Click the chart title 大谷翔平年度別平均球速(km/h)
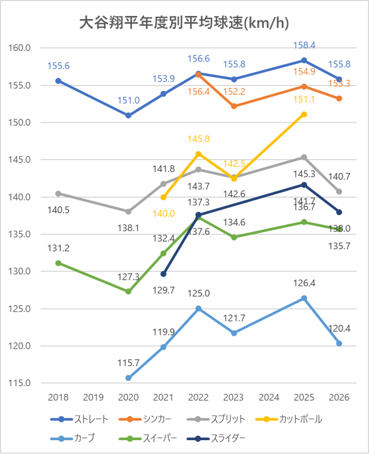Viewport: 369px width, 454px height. click(x=184, y=23)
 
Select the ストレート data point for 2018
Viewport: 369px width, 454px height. click(x=58, y=81)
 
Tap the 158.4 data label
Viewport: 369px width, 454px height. click(x=304, y=45)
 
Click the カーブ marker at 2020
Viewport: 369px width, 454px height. click(x=128, y=378)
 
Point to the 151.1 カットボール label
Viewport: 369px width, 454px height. click(x=304, y=100)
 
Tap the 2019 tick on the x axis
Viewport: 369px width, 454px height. click(x=93, y=398)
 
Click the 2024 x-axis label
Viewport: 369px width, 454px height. click(x=269, y=398)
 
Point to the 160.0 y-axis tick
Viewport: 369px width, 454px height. click(x=20, y=48)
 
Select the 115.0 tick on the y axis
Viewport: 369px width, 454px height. click(x=20, y=383)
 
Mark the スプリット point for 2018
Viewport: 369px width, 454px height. click(x=58, y=193)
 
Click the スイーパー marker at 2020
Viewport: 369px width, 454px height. click(x=128, y=291)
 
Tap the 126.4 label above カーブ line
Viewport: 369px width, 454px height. click(x=304, y=283)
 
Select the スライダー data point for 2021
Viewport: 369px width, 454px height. click(x=163, y=274)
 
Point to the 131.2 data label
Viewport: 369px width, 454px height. click(x=58, y=248)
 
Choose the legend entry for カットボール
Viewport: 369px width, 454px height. click(x=291, y=419)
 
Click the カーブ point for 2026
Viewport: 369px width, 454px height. click(x=339, y=343)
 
